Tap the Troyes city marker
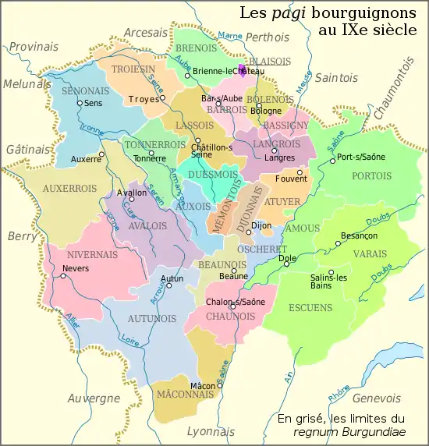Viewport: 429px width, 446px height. pyautogui.click(x=163, y=99)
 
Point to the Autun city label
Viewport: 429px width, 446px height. pyautogui.click(x=172, y=278)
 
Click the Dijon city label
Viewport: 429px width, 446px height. pyautogui.click(x=261, y=225)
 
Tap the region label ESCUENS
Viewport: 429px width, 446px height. pyautogui.click(x=310, y=307)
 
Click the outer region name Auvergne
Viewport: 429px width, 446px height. pyautogui.click(x=94, y=398)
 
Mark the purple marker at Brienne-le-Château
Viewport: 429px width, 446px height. pyautogui.click(x=242, y=72)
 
